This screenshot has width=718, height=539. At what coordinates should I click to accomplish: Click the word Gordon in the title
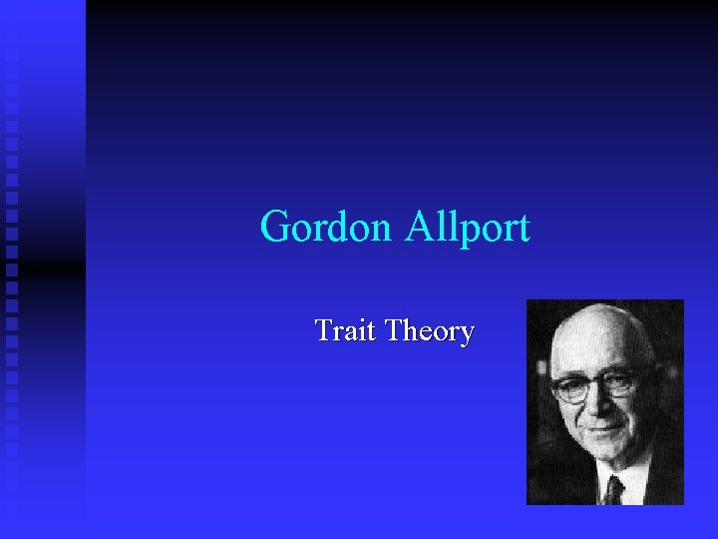click(326, 228)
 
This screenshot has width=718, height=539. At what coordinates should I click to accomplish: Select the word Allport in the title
click(467, 228)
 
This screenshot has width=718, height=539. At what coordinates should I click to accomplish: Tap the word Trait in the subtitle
click(345, 330)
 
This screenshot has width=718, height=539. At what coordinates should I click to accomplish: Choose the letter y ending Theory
click(466, 333)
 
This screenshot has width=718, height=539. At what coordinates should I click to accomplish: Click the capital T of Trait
click(323, 330)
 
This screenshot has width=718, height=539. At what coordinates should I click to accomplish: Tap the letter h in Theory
click(408, 330)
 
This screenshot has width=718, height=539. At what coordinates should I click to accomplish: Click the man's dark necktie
click(613, 489)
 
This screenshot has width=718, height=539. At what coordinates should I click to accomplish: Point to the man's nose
click(596, 407)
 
